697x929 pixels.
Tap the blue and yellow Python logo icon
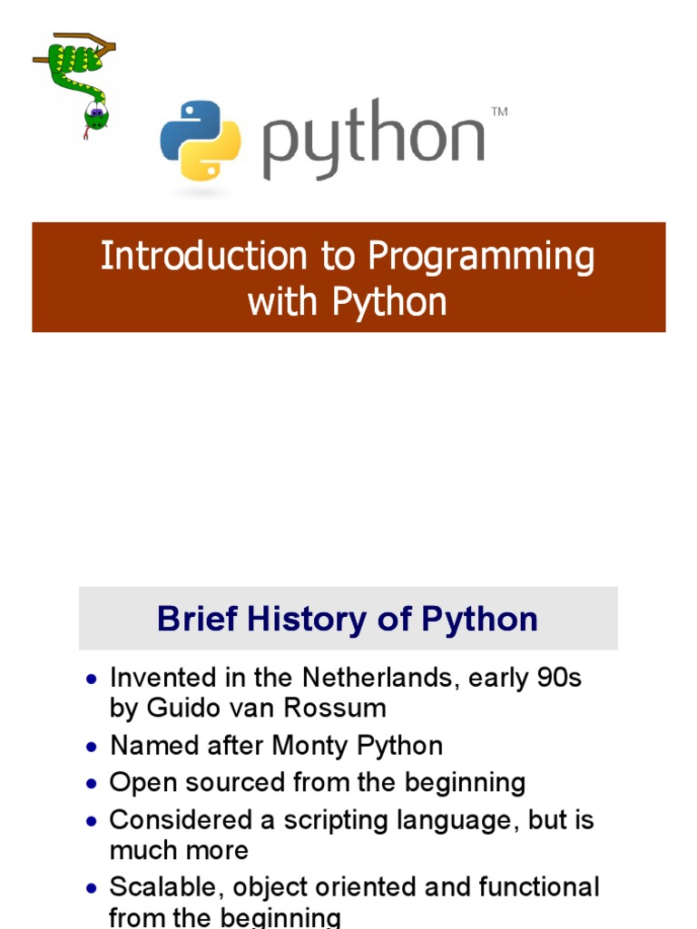click(201, 140)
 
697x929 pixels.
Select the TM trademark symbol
click(499, 112)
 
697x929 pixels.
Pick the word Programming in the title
click(482, 258)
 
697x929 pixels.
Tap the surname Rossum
click(345, 708)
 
